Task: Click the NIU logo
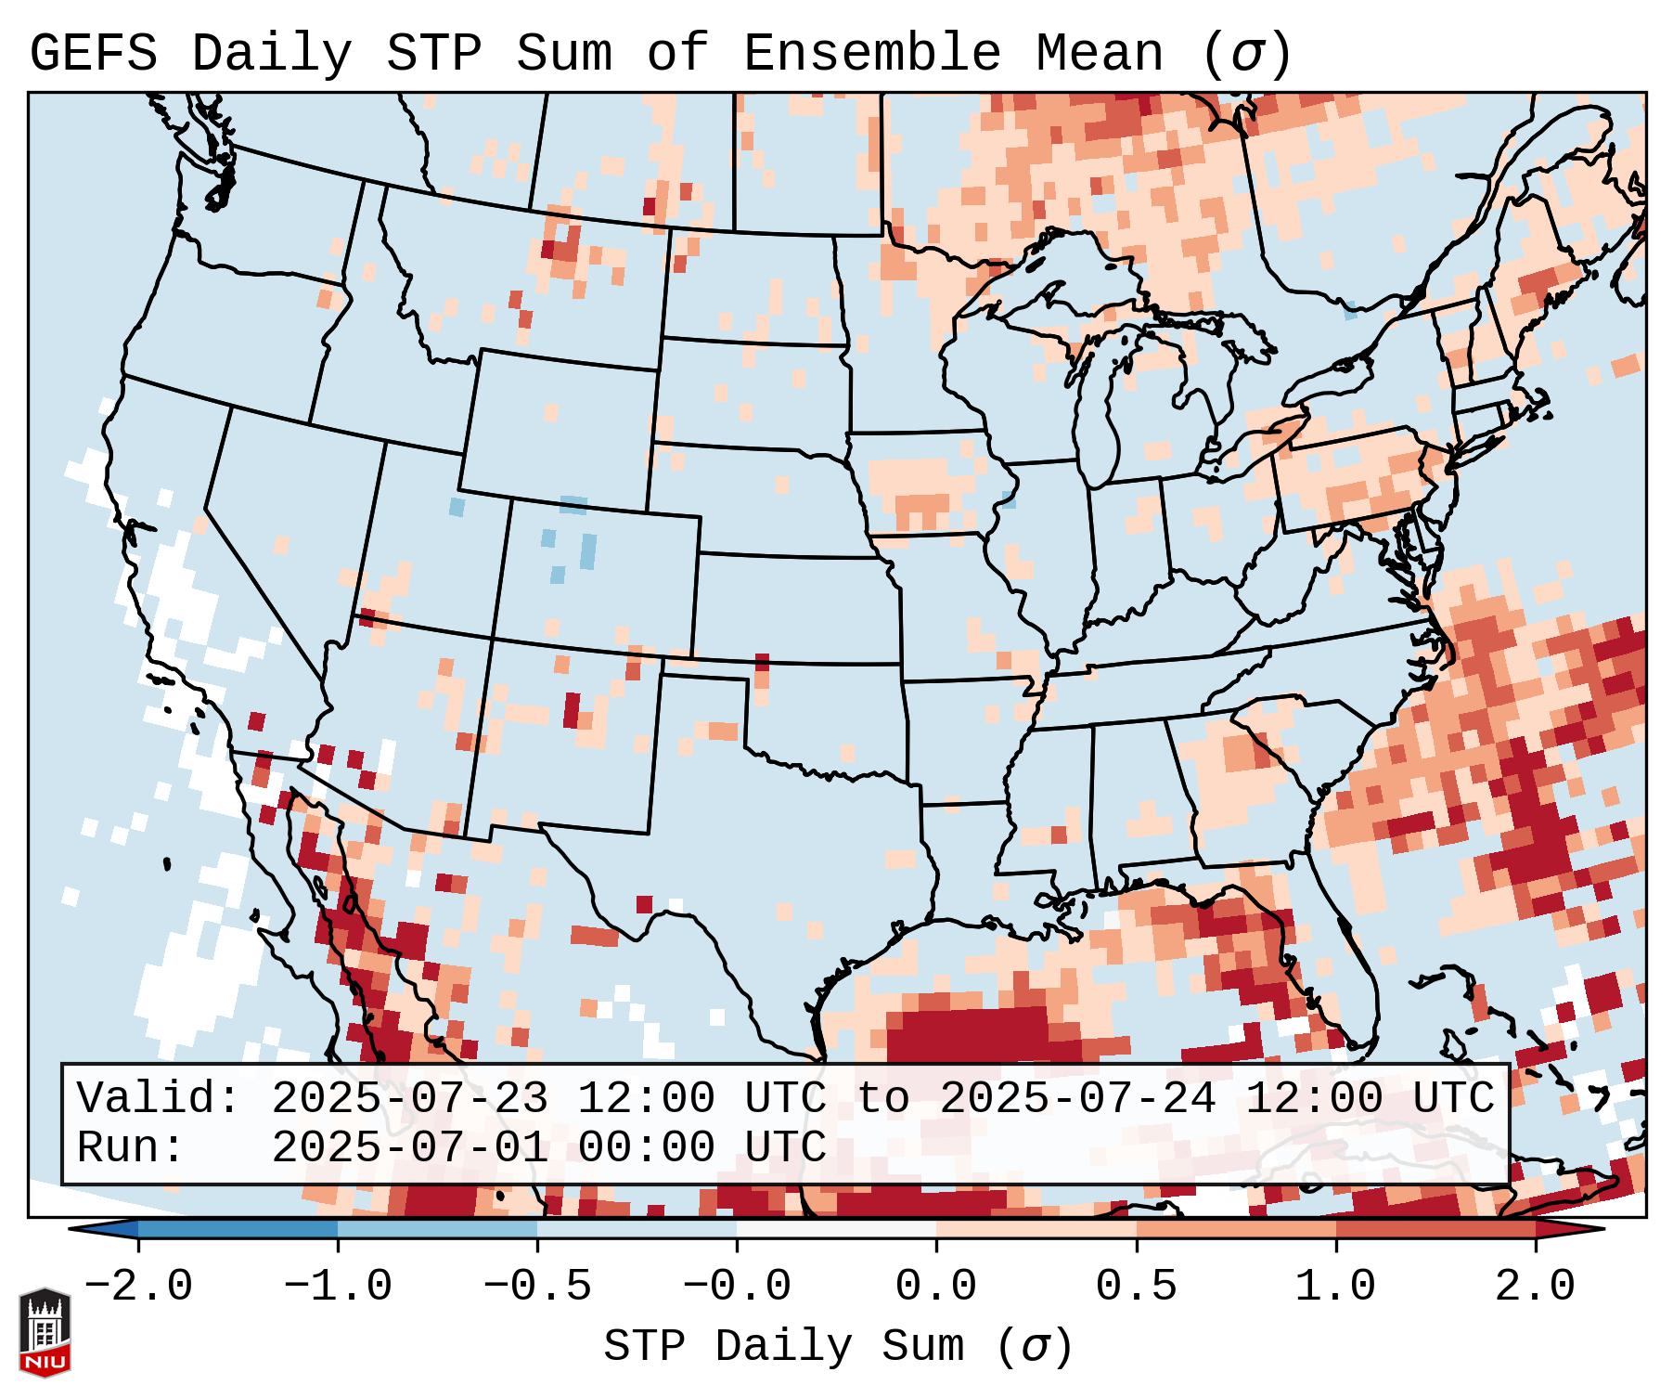pyautogui.click(x=45, y=1332)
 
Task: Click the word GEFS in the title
pyautogui.click(x=93, y=54)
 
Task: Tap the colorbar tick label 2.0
pyautogui.click(x=1535, y=1287)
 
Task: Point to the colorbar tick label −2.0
pyautogui.click(x=137, y=1287)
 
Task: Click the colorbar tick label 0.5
pyautogui.click(x=1136, y=1287)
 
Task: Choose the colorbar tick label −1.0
pyautogui.click(x=337, y=1287)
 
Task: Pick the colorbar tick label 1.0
pyautogui.click(x=1335, y=1287)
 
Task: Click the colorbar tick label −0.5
pyautogui.click(x=537, y=1287)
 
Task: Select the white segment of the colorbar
pyautogui.click(x=836, y=1229)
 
